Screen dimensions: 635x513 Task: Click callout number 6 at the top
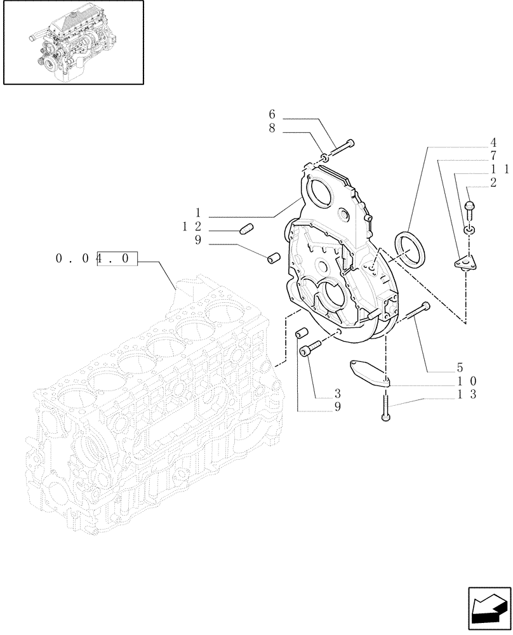coord(272,115)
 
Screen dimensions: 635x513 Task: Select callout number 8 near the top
coord(272,129)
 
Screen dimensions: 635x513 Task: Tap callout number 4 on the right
coord(493,143)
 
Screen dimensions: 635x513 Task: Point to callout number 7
coord(493,156)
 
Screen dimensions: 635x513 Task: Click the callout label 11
coord(499,170)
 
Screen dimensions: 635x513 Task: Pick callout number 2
coord(493,183)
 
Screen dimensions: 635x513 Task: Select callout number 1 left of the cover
coord(198,213)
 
